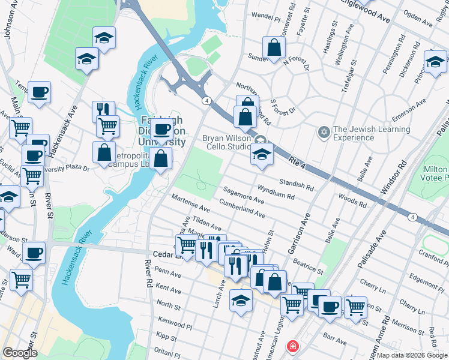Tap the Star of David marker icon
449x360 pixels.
[324, 131]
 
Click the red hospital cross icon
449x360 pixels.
[292, 347]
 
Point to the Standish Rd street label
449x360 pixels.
[297, 183]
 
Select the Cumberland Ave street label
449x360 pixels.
[243, 209]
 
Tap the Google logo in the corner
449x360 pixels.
[20, 353]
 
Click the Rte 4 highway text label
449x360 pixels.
[300, 162]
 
